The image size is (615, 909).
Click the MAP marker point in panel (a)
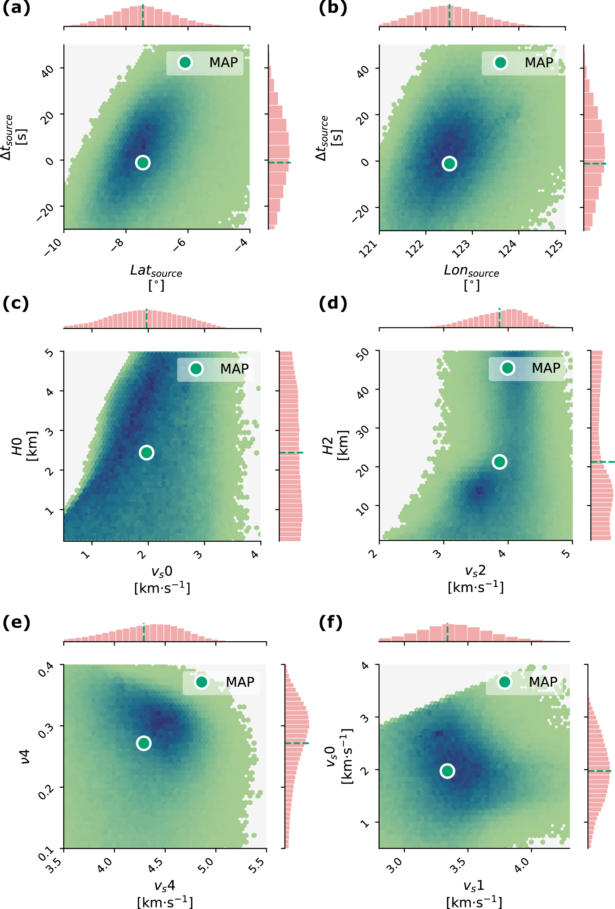pyautogui.click(x=143, y=162)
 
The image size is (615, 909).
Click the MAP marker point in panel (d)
pyautogui.click(x=499, y=462)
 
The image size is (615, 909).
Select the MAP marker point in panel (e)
pyautogui.click(x=144, y=743)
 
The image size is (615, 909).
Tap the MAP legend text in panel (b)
pyautogui.click(x=539, y=63)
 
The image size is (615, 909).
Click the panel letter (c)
pyautogui.click(x=16, y=304)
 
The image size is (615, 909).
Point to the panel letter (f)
pyautogui.click(x=330, y=623)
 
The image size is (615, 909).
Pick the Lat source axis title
pyautogui.click(x=156, y=271)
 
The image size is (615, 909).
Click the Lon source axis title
pyautogui.click(x=471, y=271)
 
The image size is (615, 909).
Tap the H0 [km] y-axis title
pyautogui.click(x=24, y=446)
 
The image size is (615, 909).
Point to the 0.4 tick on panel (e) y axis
pyautogui.click(x=46, y=670)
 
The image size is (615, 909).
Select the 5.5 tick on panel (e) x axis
pyautogui.click(x=258, y=865)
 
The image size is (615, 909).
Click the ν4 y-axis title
pyautogui.click(x=25, y=757)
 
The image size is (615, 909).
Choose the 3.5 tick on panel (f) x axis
pyautogui.click(x=458, y=865)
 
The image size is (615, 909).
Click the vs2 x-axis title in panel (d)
pyautogui.click(x=475, y=571)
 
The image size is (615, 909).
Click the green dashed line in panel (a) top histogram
pyautogui.click(x=143, y=15)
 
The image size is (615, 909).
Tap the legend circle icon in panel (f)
pyautogui.click(x=504, y=682)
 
